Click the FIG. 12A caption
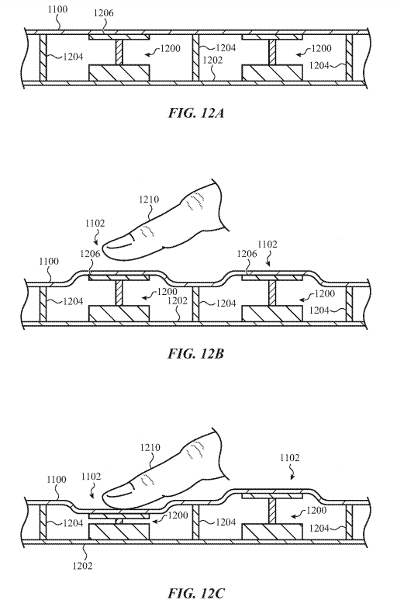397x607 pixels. pyautogui.click(x=196, y=113)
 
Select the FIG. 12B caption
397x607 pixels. pyautogui.click(x=196, y=354)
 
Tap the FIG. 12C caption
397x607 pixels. pyautogui.click(x=196, y=594)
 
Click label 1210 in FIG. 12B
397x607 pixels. pyautogui.click(x=148, y=199)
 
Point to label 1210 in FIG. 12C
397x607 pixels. pyautogui.click(x=150, y=448)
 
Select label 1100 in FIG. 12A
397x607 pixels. pyautogui.click(x=57, y=9)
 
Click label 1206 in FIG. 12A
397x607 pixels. pyautogui.click(x=104, y=13)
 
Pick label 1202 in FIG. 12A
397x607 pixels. pyautogui.click(x=212, y=60)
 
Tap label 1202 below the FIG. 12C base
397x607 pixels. pyautogui.click(x=82, y=566)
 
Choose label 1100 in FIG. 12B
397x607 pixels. pyautogui.click(x=49, y=262)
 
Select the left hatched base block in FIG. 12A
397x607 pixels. pyautogui.click(x=119, y=73)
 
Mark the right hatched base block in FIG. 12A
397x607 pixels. pyautogui.click(x=272, y=73)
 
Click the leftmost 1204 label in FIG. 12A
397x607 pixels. pyautogui.click(x=73, y=57)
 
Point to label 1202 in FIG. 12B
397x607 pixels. pyautogui.click(x=178, y=301)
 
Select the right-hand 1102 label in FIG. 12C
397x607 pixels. pyautogui.click(x=289, y=458)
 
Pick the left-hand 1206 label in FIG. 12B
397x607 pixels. pyautogui.click(x=90, y=254)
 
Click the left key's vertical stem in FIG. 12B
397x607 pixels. pyautogui.click(x=119, y=293)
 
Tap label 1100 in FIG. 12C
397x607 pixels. pyautogui.click(x=57, y=480)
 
